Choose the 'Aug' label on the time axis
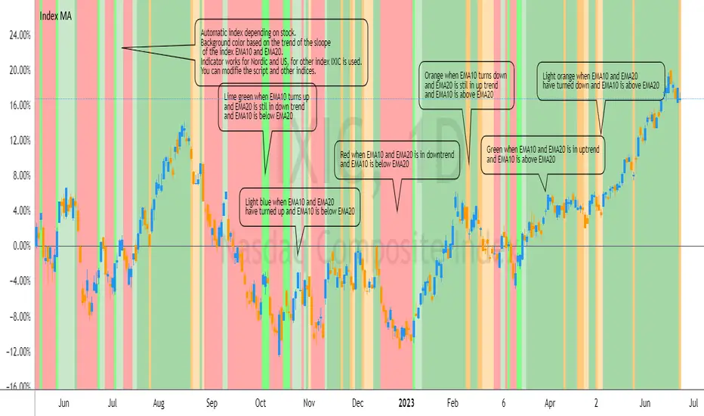(x=158, y=405)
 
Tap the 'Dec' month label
(x=359, y=405)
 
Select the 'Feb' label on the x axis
(x=453, y=405)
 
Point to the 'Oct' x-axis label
(x=261, y=405)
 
